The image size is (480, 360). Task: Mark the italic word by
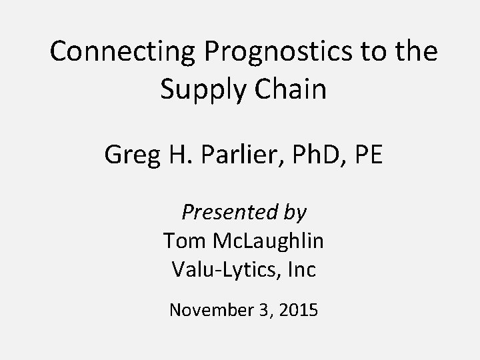tap(293, 213)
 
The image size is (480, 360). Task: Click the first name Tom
tap(179, 241)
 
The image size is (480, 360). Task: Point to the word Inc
tap(301, 269)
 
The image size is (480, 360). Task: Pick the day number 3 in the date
tap(263, 309)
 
